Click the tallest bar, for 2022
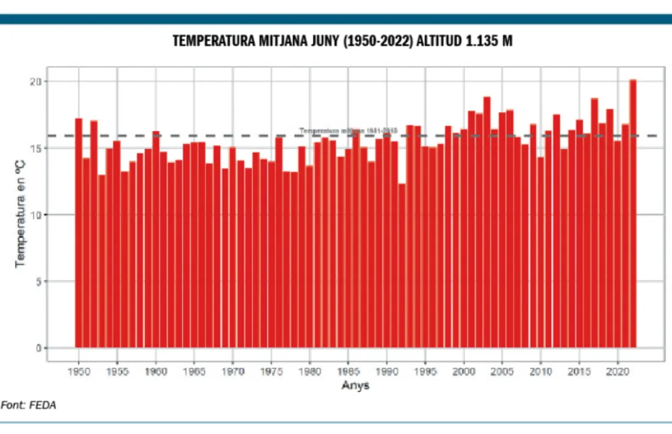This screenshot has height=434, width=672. pos(633,214)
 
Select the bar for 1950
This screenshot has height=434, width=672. pos(79,232)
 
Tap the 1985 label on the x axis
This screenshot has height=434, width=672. pos(348,371)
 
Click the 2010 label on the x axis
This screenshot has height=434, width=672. pos(540,371)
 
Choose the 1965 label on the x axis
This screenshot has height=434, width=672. pos(194,371)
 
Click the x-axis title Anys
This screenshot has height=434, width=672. pos(355,386)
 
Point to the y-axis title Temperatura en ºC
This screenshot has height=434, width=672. pos(20,214)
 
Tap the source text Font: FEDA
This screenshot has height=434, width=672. pos(29,405)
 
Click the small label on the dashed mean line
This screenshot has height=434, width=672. pos(348,130)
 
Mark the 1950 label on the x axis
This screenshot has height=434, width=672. pos(79,371)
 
